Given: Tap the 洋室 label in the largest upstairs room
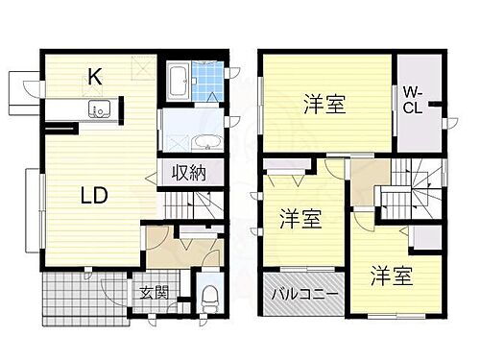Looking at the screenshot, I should point(326,103).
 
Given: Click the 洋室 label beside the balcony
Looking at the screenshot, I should point(300,219).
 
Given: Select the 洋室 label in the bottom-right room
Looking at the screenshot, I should point(392,276).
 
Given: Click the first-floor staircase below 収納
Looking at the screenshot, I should point(197,203).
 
